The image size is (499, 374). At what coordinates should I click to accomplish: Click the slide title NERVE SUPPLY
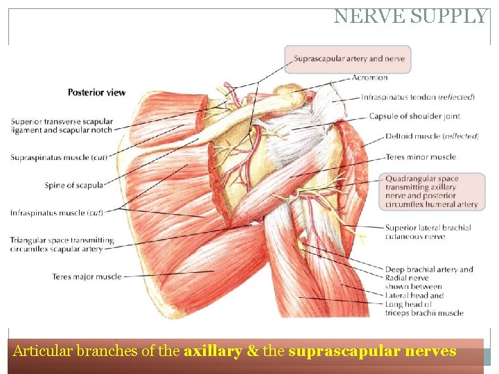pyautogui.click(x=410, y=17)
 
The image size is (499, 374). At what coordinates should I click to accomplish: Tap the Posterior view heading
pyautogui.click(x=96, y=92)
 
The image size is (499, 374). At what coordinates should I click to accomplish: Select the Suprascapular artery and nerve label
pyautogui.click(x=349, y=60)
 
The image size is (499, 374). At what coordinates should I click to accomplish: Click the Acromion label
pyautogui.click(x=369, y=78)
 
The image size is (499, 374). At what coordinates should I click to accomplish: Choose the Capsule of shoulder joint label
pyautogui.click(x=414, y=116)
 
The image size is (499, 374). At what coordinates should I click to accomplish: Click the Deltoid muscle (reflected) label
pyautogui.click(x=432, y=136)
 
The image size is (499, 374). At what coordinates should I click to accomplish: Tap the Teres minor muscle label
pyautogui.click(x=421, y=157)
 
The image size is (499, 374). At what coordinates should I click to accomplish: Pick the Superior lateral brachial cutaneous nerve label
pyautogui.click(x=428, y=232)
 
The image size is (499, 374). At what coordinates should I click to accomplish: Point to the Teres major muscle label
pyautogui.click(x=87, y=277)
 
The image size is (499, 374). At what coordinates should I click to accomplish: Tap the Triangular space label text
pyautogui.click(x=62, y=244)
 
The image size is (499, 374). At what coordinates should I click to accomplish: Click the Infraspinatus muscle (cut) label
pyautogui.click(x=57, y=213)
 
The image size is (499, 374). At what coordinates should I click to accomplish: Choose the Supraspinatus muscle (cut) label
pyautogui.click(x=59, y=158)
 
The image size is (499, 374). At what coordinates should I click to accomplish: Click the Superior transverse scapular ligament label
pyautogui.click(x=62, y=126)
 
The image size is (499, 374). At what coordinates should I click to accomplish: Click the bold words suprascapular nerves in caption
pyautogui.click(x=372, y=351)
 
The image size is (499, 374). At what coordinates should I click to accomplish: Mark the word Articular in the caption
pyautogui.click(x=40, y=351)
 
